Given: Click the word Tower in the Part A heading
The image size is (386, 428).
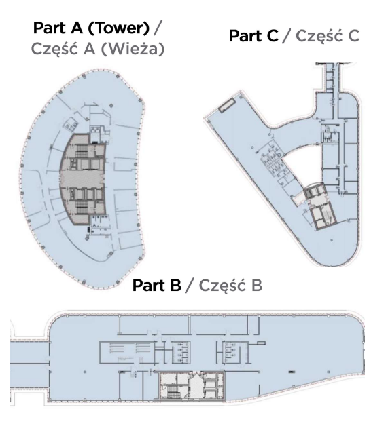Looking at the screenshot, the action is coord(119,28).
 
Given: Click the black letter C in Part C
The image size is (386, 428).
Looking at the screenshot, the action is coord(269,36).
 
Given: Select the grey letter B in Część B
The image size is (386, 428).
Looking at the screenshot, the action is coord(257,286).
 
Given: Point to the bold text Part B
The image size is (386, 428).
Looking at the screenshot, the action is coord(157,286).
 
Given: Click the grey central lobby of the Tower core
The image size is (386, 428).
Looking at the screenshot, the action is coord(82,179).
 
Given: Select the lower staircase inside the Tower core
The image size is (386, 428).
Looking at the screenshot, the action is coord(82,208).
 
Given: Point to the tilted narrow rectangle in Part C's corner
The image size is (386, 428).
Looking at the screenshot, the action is coord(227,105).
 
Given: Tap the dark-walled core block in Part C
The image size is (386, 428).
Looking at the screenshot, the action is coord(320,206).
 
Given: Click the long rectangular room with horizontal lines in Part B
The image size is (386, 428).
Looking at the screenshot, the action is coord(126,352).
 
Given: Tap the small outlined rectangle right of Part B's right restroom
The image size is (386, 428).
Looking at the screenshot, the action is coord(261,343).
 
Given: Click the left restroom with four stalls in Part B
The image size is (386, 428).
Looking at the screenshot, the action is coord(181,352).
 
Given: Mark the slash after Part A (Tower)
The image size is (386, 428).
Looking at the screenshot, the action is coord(157,28).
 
